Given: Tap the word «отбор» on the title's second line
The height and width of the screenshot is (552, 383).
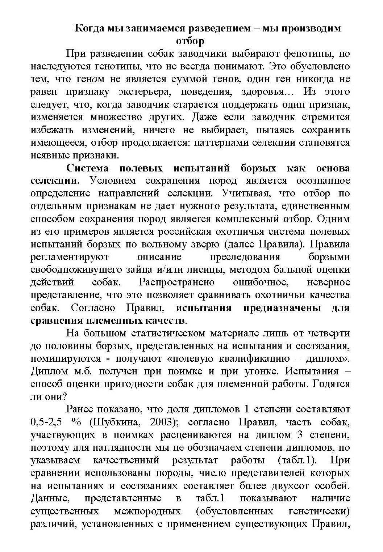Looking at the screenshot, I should [190, 41].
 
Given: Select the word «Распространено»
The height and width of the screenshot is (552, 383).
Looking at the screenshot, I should [176, 282].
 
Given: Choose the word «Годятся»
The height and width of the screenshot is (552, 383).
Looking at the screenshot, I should [331, 384].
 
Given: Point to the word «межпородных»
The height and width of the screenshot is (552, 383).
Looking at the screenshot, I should [147, 511].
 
